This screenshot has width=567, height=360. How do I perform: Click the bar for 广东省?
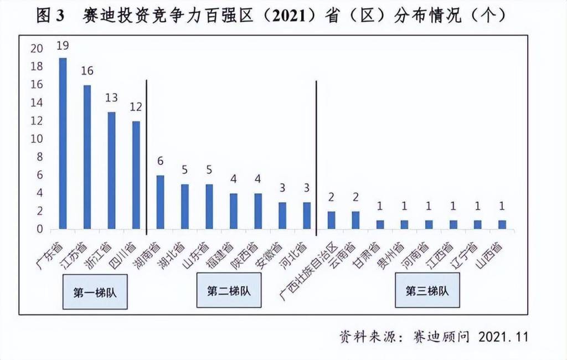(x=63, y=143)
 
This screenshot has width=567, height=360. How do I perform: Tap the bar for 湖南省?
(x=160, y=202)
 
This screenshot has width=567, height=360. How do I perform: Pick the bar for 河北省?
(x=307, y=215)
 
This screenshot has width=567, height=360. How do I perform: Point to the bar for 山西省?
(x=502, y=225)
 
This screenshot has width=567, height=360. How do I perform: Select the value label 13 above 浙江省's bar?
(x=111, y=99)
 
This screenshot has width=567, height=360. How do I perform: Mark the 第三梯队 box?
(x=427, y=291)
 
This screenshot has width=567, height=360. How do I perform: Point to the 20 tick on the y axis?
(x=37, y=49)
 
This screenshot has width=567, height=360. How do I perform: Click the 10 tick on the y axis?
(x=37, y=139)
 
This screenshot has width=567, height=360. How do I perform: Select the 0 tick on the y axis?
(x=39, y=229)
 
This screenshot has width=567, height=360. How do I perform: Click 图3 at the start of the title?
(x=50, y=15)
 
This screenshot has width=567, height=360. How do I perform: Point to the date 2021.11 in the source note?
(x=503, y=337)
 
